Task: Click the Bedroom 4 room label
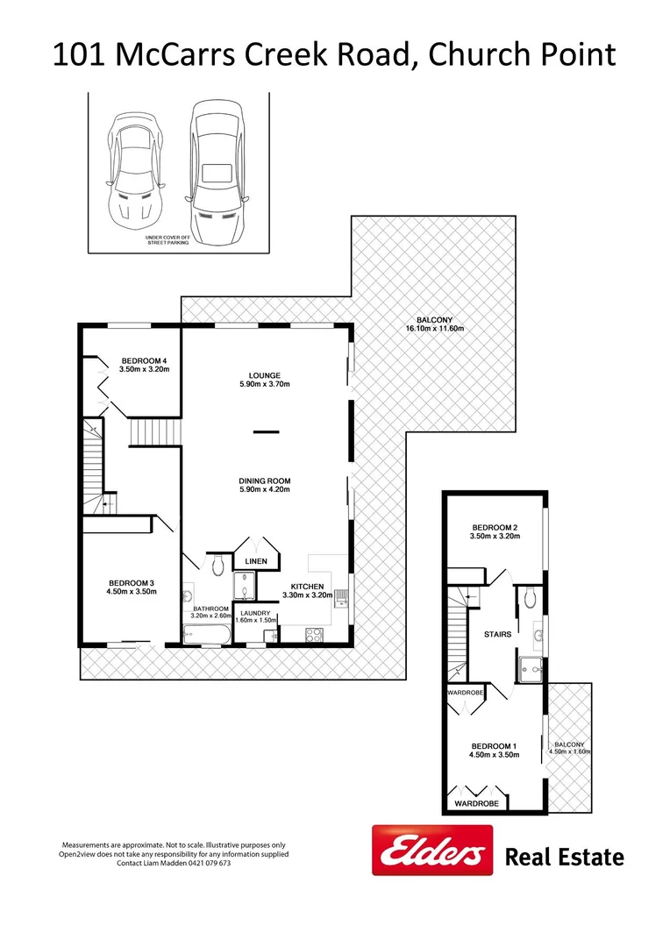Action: click(144, 361)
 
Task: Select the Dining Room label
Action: click(265, 481)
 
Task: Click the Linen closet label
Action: click(256, 561)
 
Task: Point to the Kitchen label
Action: click(308, 587)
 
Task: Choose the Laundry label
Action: click(256, 614)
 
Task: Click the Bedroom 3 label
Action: click(132, 583)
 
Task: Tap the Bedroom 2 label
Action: click(495, 526)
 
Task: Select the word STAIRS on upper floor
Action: click(498, 633)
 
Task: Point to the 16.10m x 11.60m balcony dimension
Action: click(434, 329)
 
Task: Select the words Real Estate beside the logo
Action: click(564, 857)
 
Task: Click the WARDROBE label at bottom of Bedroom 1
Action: click(476, 803)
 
